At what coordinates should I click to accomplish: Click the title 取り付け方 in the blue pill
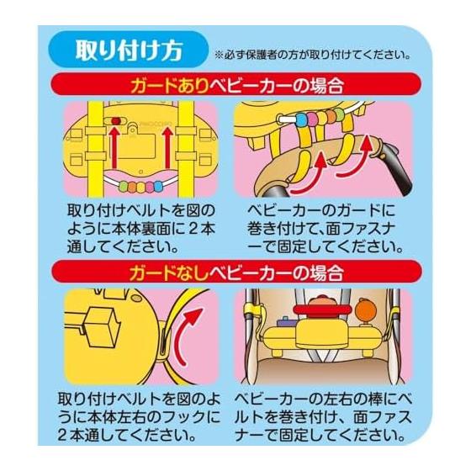pos(129,50)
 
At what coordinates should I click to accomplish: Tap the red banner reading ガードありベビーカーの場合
pos(235,84)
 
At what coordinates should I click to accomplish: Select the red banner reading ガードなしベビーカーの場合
pos(235,273)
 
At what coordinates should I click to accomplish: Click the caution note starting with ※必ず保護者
pos(312,56)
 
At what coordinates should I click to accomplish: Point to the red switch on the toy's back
pos(116,121)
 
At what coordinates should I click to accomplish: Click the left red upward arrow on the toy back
pos(114,148)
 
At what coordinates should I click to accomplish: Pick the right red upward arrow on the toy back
pos(168,148)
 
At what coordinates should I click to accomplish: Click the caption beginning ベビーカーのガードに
pos(324,229)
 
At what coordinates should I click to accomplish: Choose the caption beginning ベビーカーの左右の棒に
pos(323,417)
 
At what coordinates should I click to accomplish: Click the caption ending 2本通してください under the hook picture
pos(139,417)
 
